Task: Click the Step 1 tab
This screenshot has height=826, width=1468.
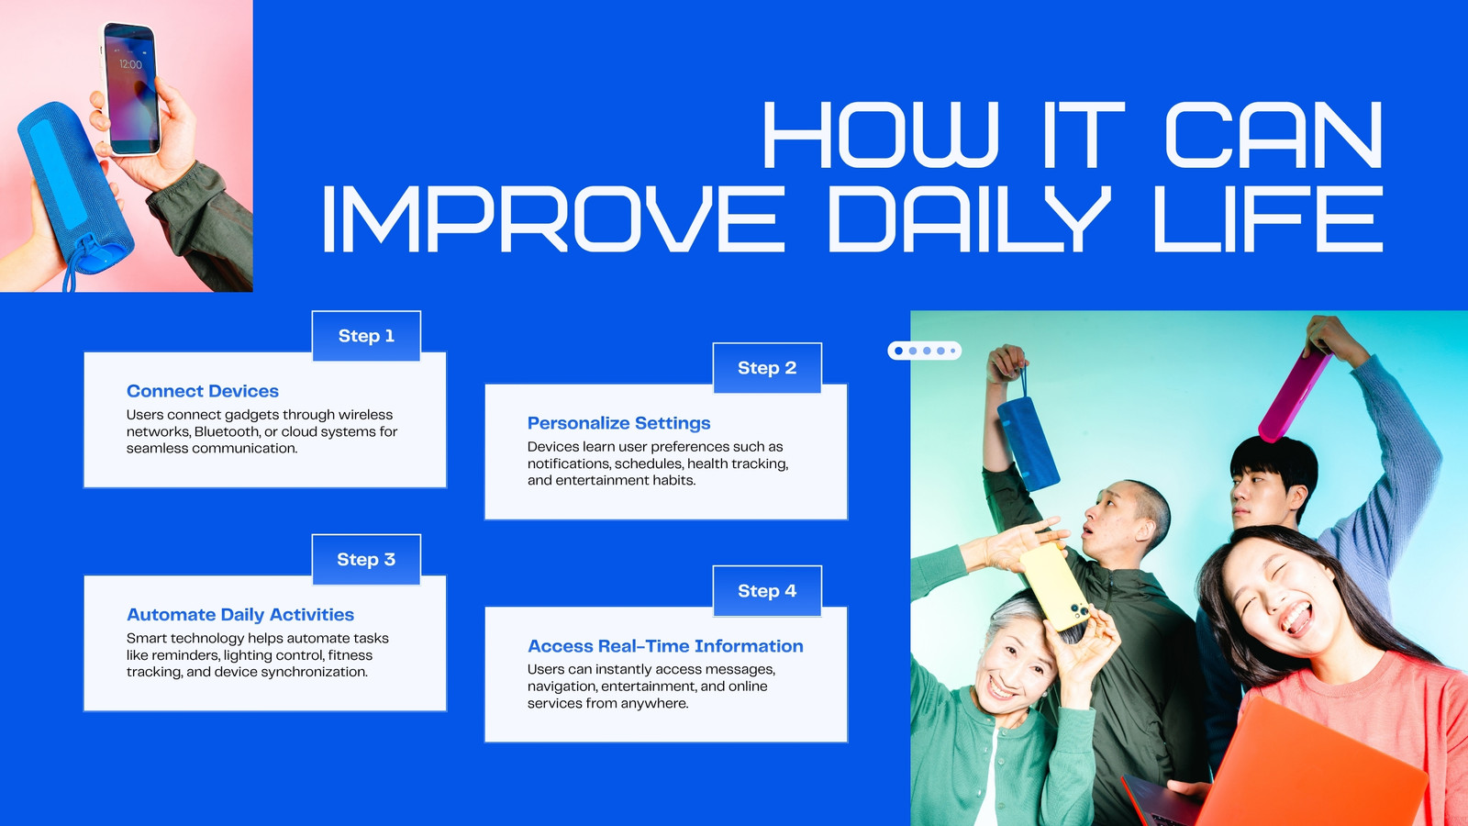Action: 366,336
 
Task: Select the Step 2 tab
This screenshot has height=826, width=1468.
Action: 767,368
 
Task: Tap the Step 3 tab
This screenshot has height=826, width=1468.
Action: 366,559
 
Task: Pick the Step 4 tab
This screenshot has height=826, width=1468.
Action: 767,591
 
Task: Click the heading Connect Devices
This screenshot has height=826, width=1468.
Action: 203,391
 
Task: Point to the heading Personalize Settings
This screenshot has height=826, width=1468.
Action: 618,423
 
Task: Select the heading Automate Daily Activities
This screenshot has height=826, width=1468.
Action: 239,615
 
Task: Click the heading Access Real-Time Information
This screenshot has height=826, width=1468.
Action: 665,646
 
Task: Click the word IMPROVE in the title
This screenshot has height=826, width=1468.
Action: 554,218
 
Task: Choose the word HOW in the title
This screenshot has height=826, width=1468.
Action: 881,134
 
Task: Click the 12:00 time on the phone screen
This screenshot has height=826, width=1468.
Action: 130,64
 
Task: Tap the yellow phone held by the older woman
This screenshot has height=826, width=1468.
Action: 1054,586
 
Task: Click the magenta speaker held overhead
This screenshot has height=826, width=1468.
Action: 1294,397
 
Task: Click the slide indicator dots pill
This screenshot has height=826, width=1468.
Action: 925,351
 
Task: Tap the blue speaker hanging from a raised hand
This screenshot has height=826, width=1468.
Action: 1028,442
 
